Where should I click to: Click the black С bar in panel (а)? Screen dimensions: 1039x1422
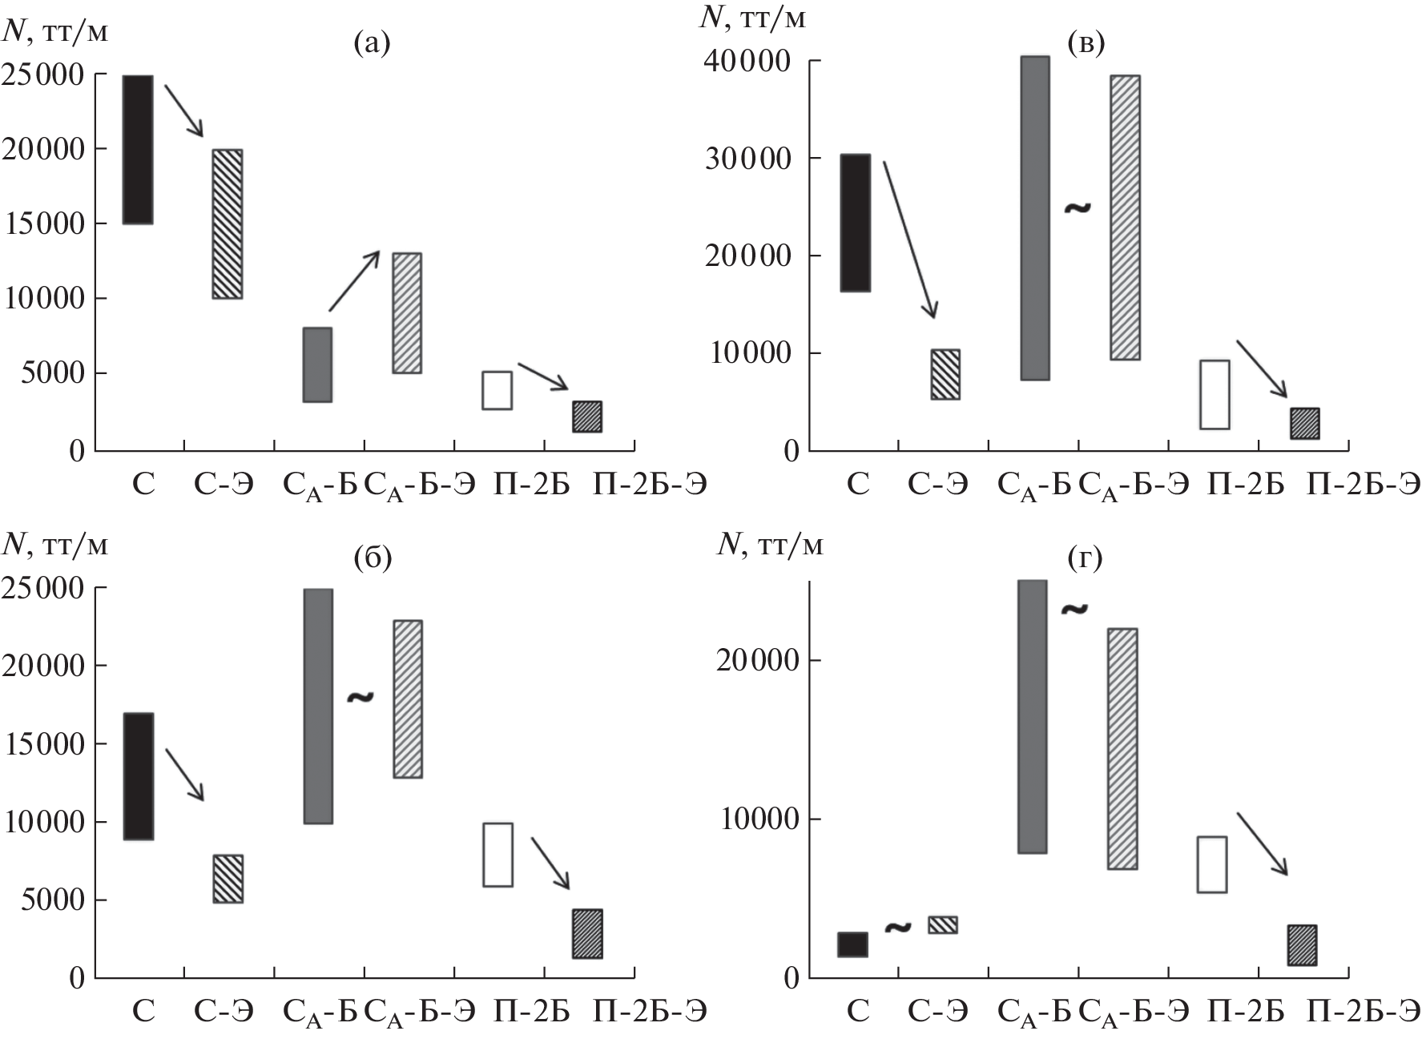(x=138, y=150)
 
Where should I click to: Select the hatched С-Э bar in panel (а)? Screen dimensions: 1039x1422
(x=227, y=224)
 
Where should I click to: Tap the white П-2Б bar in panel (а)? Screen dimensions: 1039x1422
(x=497, y=390)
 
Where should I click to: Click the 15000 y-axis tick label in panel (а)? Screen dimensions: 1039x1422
(x=44, y=224)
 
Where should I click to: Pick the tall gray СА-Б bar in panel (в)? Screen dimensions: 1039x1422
(x=1034, y=218)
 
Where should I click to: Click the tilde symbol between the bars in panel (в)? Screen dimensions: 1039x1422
(x=1078, y=208)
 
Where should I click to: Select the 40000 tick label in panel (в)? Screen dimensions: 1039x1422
(x=750, y=62)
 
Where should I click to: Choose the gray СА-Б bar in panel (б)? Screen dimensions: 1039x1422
(x=318, y=706)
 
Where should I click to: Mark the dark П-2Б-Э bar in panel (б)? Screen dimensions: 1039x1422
(x=587, y=933)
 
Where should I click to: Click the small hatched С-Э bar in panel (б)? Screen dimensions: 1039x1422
(x=228, y=879)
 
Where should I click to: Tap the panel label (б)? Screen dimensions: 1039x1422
(x=373, y=557)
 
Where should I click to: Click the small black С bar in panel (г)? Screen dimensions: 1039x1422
(x=852, y=944)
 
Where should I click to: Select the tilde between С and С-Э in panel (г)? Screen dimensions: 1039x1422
(x=898, y=928)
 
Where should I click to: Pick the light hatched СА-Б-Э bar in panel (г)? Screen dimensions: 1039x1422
(x=1122, y=748)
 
